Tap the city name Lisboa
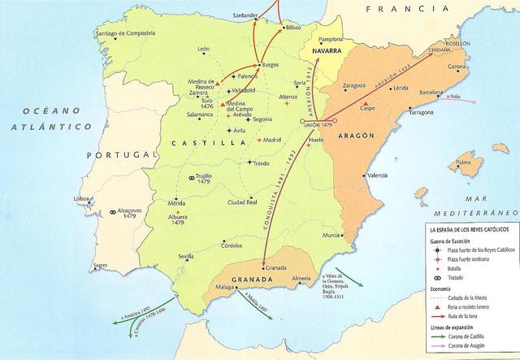tap(82, 198)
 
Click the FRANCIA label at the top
tap(396, 8)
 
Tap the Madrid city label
tap(272, 140)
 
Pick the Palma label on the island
tap(464, 163)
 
